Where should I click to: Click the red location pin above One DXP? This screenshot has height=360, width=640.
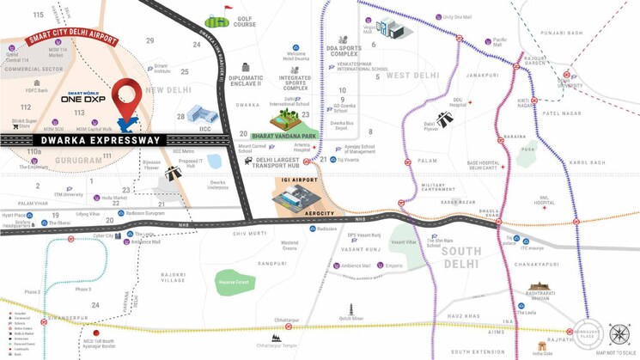tap(128, 95)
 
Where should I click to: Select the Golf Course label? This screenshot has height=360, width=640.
tap(245, 21)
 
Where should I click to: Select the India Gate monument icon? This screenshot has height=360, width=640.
tap(542, 345)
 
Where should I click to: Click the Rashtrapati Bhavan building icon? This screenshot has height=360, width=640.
tap(539, 289)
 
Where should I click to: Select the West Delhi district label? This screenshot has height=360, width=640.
tap(412, 76)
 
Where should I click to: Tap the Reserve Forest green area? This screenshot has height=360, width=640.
tap(233, 282)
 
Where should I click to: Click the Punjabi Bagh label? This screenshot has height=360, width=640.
tap(563, 34)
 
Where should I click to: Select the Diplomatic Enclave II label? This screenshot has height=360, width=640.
tap(247, 82)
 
